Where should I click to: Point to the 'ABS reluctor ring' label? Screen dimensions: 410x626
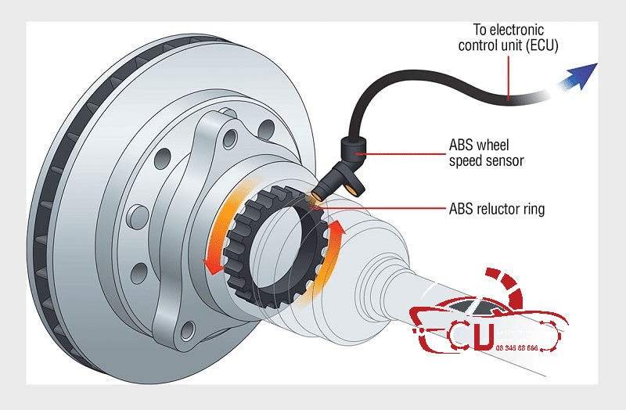point(497,209)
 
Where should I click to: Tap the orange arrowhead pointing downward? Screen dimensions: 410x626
point(210,265)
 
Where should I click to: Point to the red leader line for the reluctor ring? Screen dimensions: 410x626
point(391,209)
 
